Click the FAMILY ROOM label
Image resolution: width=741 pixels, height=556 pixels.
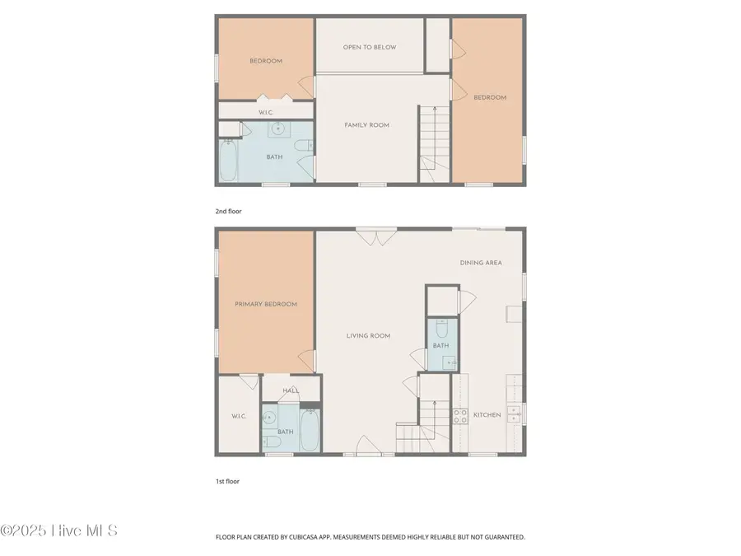pyautogui.click(x=366, y=125)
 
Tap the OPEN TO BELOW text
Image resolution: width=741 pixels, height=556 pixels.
pyautogui.click(x=370, y=47)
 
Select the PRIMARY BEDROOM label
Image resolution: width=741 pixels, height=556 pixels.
pyautogui.click(x=266, y=304)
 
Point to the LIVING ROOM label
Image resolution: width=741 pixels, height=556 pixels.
pyautogui.click(x=368, y=336)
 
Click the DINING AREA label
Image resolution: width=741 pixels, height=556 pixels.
pyautogui.click(x=481, y=263)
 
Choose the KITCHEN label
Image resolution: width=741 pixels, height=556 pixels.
pyautogui.click(x=487, y=415)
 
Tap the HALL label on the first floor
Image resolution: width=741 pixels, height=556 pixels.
pyautogui.click(x=290, y=391)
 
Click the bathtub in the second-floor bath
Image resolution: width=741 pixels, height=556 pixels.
pyautogui.click(x=228, y=161)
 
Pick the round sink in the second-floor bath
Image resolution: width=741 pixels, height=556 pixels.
pyautogui.click(x=277, y=128)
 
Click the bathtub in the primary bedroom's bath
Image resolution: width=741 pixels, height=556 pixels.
pyautogui.click(x=310, y=429)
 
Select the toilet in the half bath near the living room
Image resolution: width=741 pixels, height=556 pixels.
pyautogui.click(x=441, y=329)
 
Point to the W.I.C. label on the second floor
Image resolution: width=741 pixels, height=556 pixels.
pyautogui.click(x=266, y=112)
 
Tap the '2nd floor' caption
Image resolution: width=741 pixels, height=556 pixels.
pyautogui.click(x=229, y=212)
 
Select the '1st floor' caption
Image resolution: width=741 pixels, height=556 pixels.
pyautogui.click(x=227, y=481)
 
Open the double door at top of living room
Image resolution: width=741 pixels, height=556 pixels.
pyautogui.click(x=375, y=236)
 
